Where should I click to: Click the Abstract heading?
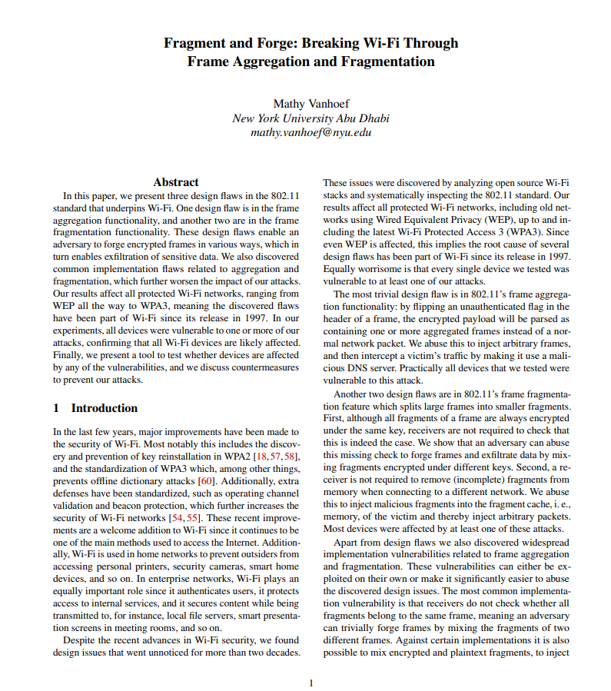(x=176, y=182)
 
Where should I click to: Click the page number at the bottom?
(x=310, y=683)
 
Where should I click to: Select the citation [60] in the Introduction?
(x=207, y=481)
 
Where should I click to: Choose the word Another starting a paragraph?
(x=353, y=394)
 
